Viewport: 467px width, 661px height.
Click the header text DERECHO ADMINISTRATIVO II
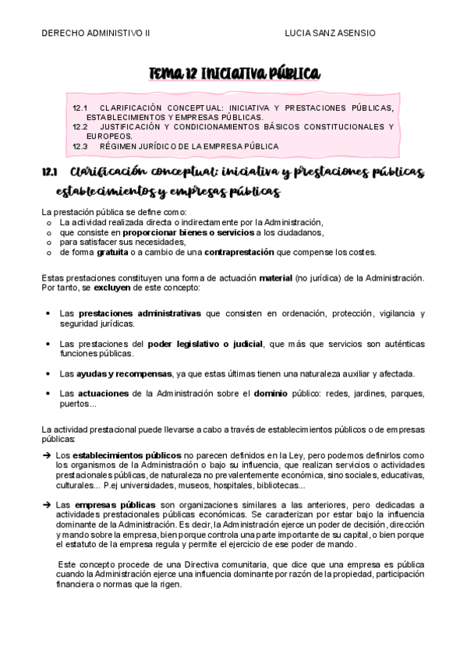point(97,34)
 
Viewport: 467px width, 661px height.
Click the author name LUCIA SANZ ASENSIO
point(331,34)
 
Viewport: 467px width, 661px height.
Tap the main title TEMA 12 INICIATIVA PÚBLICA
point(234,73)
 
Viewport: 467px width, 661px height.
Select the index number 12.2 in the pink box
point(80,126)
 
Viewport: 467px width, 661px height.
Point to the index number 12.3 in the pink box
point(80,146)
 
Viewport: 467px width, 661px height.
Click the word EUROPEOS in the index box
point(108,136)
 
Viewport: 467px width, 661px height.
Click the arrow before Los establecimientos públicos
point(47,454)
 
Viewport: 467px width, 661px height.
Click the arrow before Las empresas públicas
point(47,504)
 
